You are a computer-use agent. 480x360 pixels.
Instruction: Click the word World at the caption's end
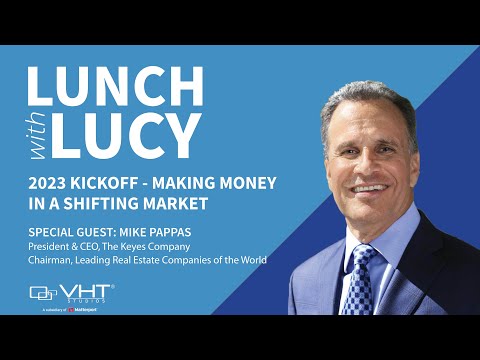coord(249,262)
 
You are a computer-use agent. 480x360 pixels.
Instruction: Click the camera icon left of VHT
coord(44,293)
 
